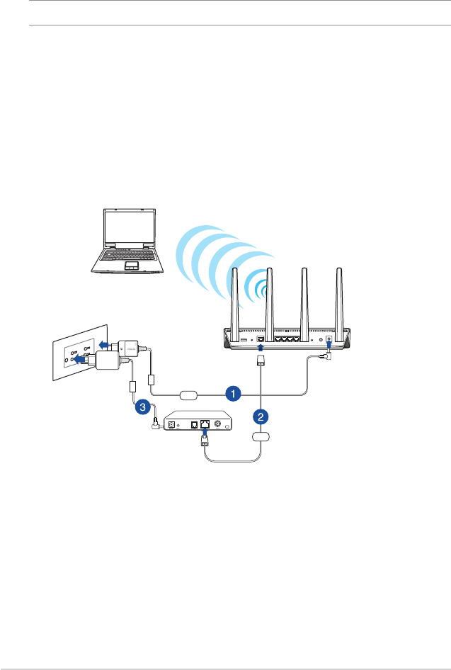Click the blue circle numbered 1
(x=230, y=392)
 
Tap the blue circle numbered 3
(x=143, y=407)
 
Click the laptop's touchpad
(x=131, y=266)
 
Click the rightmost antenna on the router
(x=339, y=297)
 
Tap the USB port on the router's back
(x=245, y=341)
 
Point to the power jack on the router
(x=329, y=339)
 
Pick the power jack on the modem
(x=171, y=424)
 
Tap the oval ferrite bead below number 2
(x=262, y=436)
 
